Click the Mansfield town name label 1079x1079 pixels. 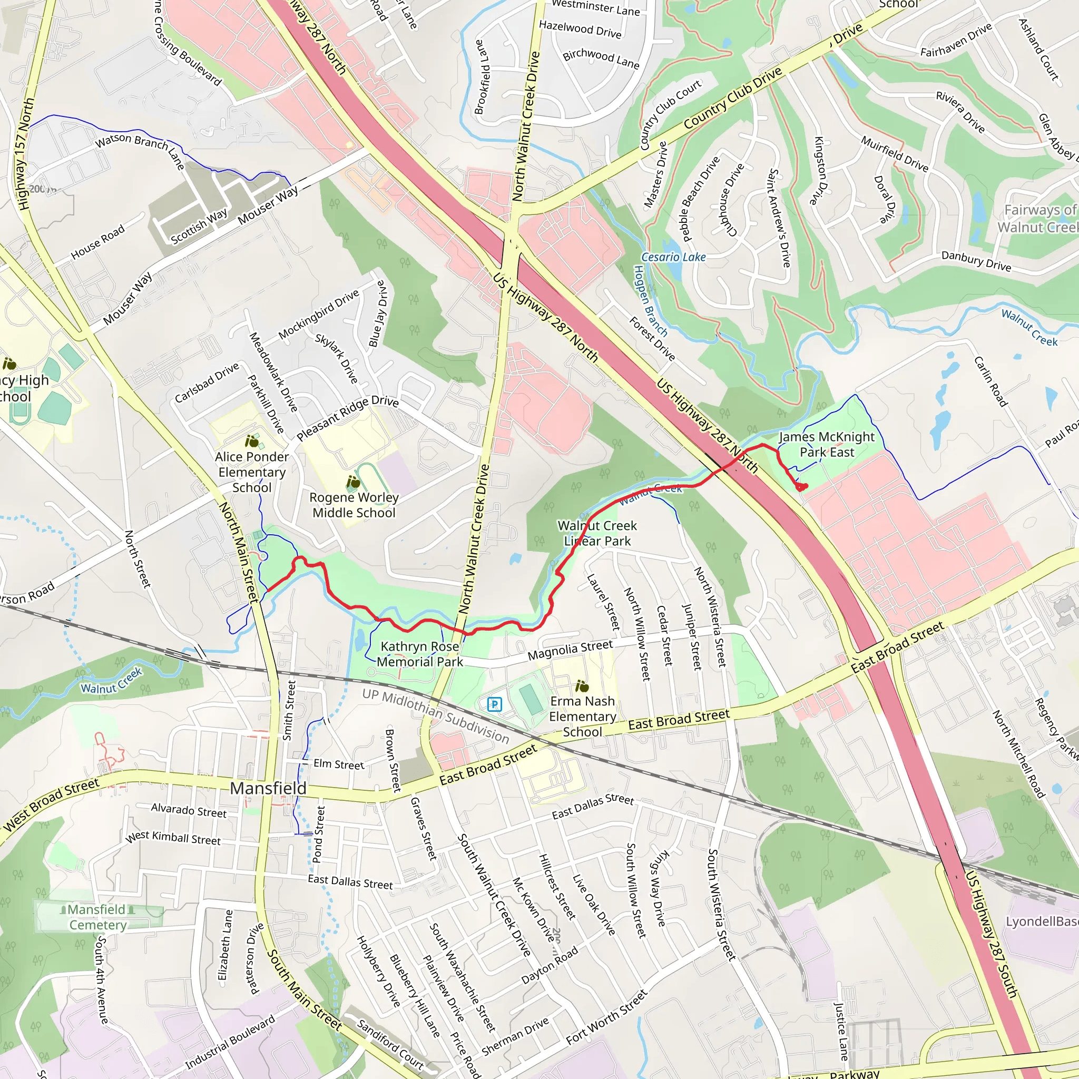click(x=268, y=788)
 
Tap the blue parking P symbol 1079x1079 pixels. click(x=494, y=704)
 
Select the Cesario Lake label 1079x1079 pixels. click(x=673, y=258)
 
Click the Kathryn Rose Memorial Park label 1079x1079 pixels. click(x=419, y=654)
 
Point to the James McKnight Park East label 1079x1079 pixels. click(x=827, y=445)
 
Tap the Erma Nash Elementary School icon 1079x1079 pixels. click(x=582, y=686)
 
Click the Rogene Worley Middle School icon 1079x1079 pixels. click(x=353, y=482)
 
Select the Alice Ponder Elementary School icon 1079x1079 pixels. click(x=252, y=442)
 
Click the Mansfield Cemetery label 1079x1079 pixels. click(x=98, y=917)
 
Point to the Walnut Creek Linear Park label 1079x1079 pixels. click(x=597, y=533)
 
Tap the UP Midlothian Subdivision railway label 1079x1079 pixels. click(x=436, y=716)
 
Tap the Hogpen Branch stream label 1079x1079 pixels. click(x=650, y=300)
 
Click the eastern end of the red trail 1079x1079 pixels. click(x=802, y=487)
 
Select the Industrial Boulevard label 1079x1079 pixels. click(x=230, y=1042)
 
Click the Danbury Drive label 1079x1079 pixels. click(x=976, y=261)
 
